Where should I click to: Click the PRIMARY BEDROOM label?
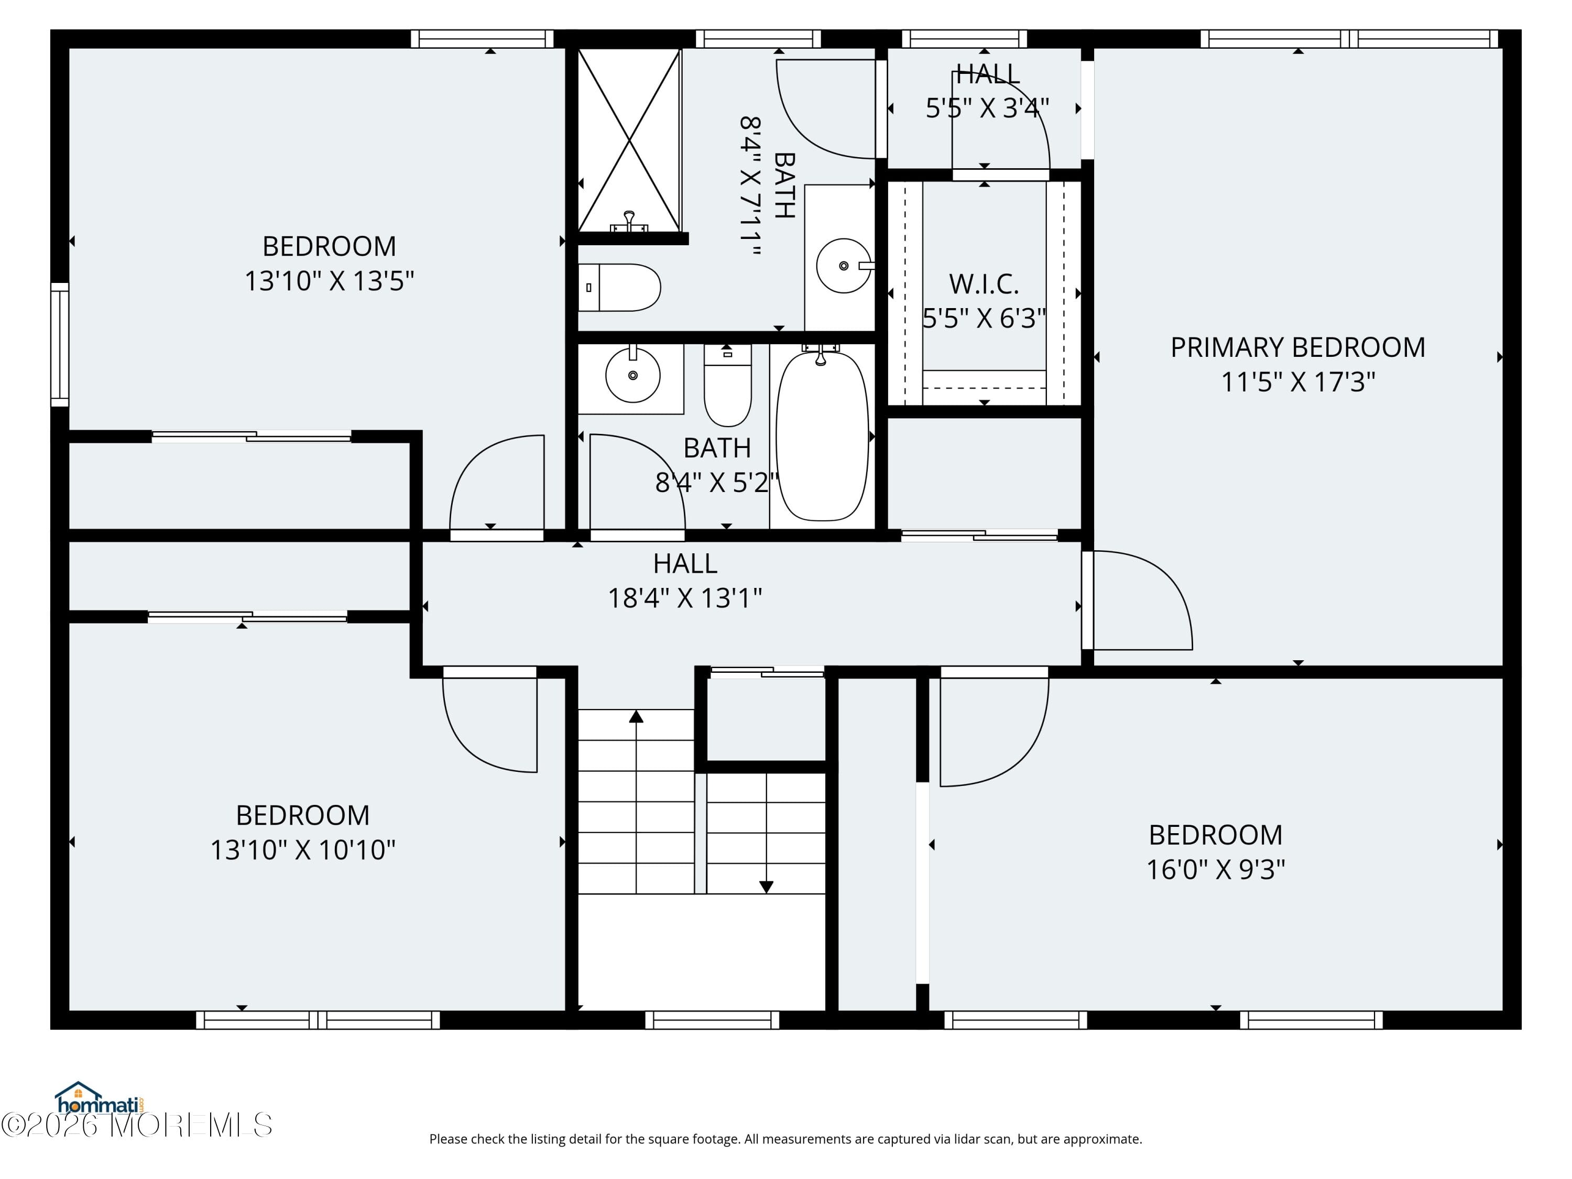point(1297,347)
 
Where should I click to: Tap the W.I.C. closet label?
point(984,284)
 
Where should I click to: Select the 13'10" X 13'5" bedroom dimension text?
point(329,281)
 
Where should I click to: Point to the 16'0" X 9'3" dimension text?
point(1215,869)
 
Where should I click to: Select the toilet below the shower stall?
point(619,288)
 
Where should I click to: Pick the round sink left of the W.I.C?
point(844,266)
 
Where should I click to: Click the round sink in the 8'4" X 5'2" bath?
point(632,375)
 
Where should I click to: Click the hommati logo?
point(100,1099)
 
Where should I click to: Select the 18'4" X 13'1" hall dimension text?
point(684,598)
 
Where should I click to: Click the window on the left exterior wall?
point(60,345)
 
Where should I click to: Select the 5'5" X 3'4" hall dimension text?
point(987,108)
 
